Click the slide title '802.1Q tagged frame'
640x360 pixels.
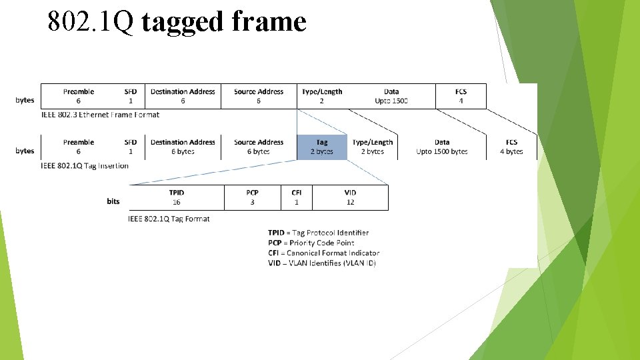[177, 22]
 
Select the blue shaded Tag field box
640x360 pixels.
[322, 147]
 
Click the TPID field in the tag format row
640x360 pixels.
[177, 197]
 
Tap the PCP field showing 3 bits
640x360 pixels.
[252, 197]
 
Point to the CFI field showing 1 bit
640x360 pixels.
[297, 197]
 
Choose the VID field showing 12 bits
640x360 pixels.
[351, 197]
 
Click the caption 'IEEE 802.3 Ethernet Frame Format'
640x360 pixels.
[100, 115]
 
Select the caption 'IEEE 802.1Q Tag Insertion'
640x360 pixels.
[85, 165]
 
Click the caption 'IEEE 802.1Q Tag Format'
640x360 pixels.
[169, 219]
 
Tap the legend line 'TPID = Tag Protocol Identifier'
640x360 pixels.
[318, 233]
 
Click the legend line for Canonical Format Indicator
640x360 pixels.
[323, 253]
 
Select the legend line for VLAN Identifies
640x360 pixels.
[322, 263]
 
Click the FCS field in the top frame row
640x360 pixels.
[461, 96]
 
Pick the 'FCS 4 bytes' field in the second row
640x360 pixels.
[511, 147]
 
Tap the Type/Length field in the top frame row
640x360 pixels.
[322, 96]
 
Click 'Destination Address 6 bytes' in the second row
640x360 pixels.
[183, 147]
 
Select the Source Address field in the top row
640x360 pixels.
[259, 96]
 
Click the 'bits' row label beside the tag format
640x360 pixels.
[113, 201]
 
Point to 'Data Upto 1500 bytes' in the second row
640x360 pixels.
[442, 147]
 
